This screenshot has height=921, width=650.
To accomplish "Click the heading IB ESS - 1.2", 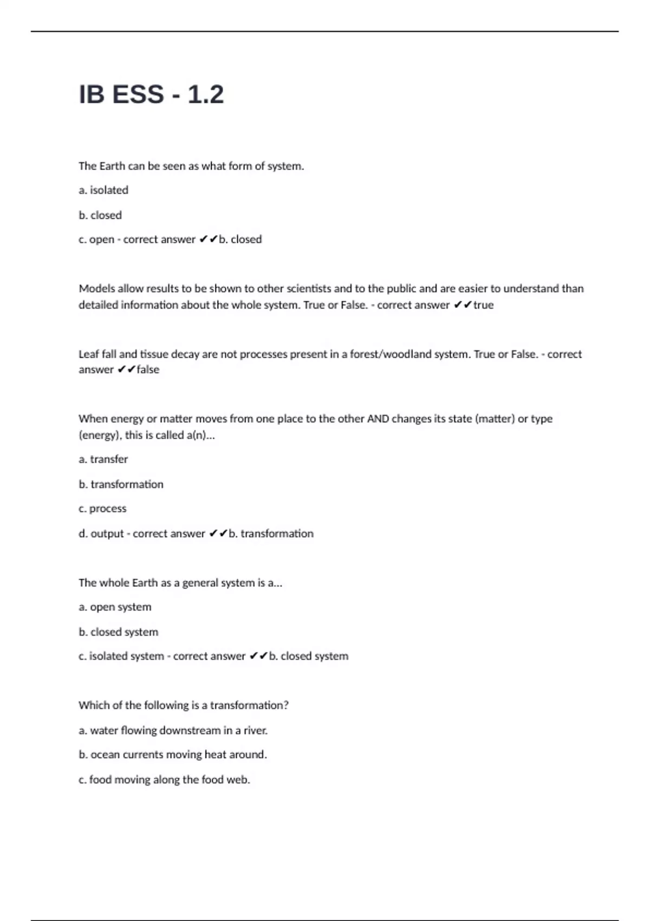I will pyautogui.click(x=151, y=95).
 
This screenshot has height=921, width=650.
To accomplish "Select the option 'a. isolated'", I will pyautogui.click(x=103, y=190).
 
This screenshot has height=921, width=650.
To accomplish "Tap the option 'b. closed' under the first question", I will pyautogui.click(x=100, y=215).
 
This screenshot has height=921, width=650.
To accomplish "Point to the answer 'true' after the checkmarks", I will pyautogui.click(x=483, y=305).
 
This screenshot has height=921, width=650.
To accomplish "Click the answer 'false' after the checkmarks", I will pyautogui.click(x=148, y=369).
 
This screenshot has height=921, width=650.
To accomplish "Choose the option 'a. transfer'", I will pyautogui.click(x=103, y=459).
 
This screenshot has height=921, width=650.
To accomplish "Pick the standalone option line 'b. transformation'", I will pyautogui.click(x=121, y=484).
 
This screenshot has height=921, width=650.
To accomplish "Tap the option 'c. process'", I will pyautogui.click(x=102, y=508).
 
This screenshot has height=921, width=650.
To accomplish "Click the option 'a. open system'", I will pyautogui.click(x=115, y=607).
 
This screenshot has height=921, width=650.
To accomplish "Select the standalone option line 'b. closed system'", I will pyautogui.click(x=119, y=632).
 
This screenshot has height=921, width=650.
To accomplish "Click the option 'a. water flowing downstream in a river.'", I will pyautogui.click(x=173, y=730).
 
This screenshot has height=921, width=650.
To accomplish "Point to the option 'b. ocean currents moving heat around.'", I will pyautogui.click(x=173, y=754).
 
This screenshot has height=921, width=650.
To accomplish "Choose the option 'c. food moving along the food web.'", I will pyautogui.click(x=164, y=780).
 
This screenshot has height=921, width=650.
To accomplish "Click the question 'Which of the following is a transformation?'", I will pyautogui.click(x=184, y=705).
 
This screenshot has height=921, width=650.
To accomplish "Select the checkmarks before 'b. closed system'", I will pyautogui.click(x=259, y=656).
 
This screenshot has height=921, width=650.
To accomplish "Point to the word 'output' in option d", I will pyautogui.click(x=107, y=534).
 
